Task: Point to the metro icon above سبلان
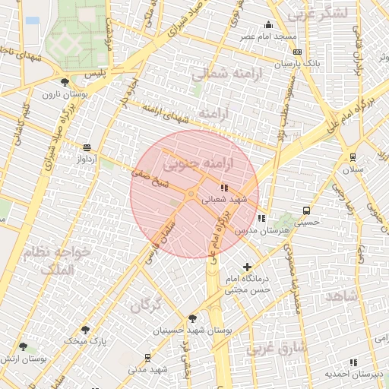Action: pos(353,157)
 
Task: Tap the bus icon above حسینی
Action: pos(305,211)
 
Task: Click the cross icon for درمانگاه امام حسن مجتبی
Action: pos(247,267)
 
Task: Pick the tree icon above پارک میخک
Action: pos(85,330)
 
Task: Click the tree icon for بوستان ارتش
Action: pos(23,346)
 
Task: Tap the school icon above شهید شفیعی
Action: pos(223,187)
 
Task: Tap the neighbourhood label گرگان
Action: pos(145,305)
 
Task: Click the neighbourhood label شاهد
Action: pos(341,296)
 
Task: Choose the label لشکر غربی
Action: pos(318,13)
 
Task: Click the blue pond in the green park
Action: pos(33,21)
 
